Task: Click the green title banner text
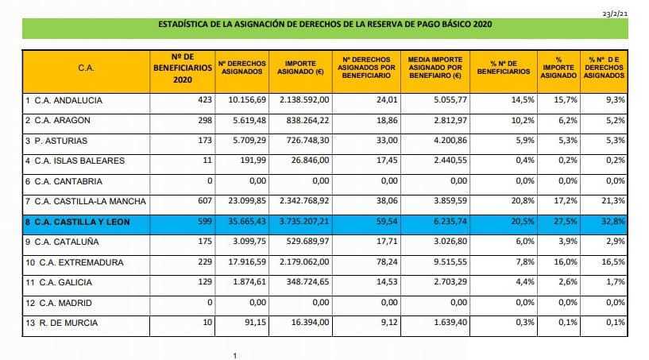pyautogui.click(x=325, y=25)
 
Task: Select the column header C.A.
pyautogui.click(x=87, y=68)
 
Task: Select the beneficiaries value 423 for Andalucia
pyautogui.click(x=204, y=101)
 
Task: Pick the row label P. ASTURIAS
pyautogui.click(x=63, y=141)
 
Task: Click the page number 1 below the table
pyautogui.click(x=235, y=355)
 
